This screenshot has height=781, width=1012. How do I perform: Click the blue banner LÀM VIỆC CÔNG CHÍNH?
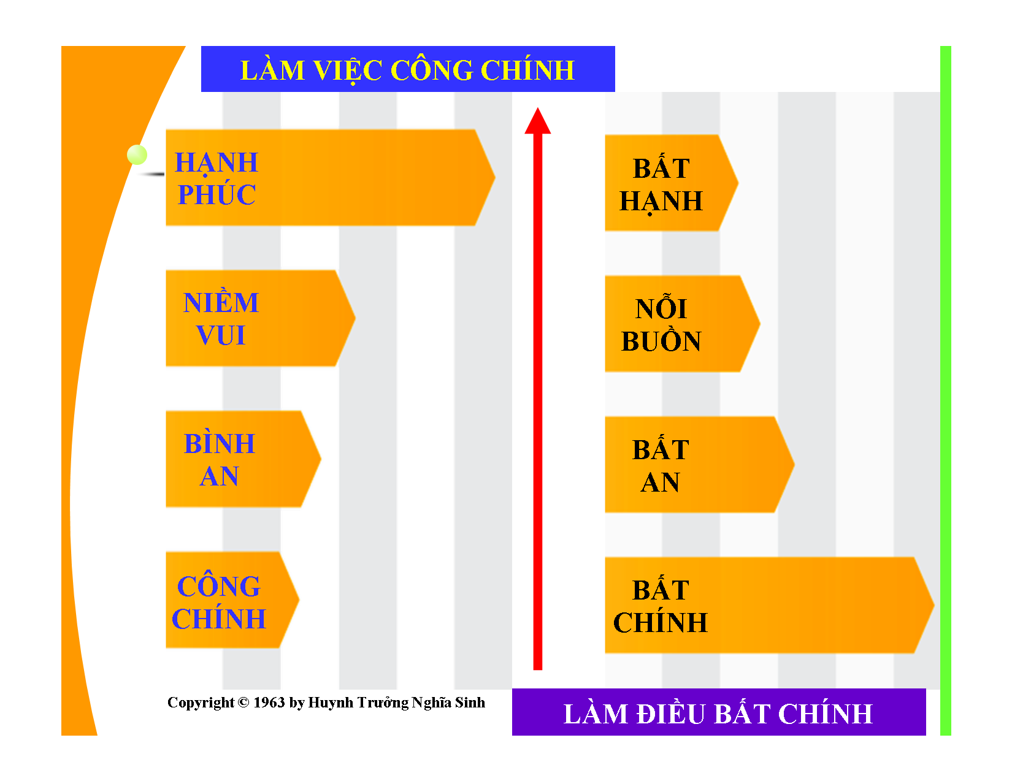coord(408,69)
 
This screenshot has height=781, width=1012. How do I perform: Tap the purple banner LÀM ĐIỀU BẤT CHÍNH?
coord(718,712)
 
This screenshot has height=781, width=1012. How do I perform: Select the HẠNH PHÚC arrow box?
coord(329,178)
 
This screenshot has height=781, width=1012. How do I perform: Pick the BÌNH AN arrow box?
coord(242,459)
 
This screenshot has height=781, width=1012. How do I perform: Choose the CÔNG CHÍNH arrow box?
coord(231,600)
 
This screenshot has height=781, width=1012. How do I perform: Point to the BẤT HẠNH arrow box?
coord(670,183)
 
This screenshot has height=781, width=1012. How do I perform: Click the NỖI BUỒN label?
coord(661,325)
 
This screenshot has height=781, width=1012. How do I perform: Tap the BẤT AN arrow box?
coord(698,465)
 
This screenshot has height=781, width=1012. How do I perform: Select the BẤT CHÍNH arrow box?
coord(768,606)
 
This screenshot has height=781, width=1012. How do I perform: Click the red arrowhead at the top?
coord(538,121)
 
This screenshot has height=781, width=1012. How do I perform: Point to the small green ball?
coord(137,154)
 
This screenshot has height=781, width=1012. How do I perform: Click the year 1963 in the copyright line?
coord(269,703)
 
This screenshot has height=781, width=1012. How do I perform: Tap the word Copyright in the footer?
coord(201,703)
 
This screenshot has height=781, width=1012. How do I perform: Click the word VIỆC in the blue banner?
coord(348,70)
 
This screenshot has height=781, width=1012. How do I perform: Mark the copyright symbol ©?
coord(243,703)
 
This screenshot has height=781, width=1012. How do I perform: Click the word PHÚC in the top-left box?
coord(217,195)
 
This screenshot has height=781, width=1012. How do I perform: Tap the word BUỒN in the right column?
coord(661,341)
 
